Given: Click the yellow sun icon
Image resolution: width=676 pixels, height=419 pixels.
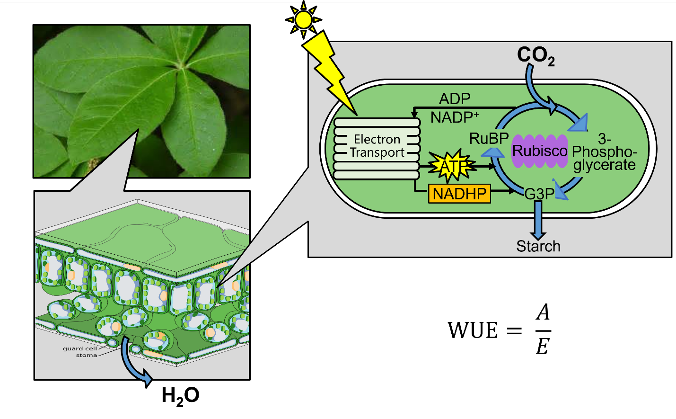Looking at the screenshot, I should pyautogui.click(x=303, y=20).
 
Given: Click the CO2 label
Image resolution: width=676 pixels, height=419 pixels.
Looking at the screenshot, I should pyautogui.click(x=536, y=55).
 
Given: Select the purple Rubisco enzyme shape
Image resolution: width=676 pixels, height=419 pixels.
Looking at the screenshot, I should pyautogui.click(x=539, y=151).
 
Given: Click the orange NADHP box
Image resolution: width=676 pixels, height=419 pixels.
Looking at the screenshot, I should pyautogui.click(x=459, y=194).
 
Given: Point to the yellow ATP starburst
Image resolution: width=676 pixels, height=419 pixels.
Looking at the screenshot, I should pyautogui.click(x=451, y=166).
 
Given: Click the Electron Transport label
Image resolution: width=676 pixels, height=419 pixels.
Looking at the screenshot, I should pyautogui.click(x=377, y=146).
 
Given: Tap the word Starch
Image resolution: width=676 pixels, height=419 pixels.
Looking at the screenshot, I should pyautogui.click(x=538, y=246).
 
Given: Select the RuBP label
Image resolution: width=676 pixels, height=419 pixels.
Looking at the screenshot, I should pyautogui.click(x=488, y=138).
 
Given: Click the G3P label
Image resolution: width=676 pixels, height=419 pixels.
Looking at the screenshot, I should pyautogui.click(x=539, y=194).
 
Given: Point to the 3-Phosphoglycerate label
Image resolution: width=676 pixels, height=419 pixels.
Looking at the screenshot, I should pyautogui.click(x=604, y=152).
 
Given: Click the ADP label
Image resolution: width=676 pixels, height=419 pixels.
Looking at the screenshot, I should pyautogui.click(x=455, y=98).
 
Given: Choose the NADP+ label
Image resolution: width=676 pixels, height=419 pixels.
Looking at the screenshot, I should pyautogui.click(x=454, y=117).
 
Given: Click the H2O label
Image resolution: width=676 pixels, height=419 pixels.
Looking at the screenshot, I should pyautogui.click(x=180, y=396).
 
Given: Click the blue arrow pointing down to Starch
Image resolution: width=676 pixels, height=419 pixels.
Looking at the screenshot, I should pyautogui.click(x=538, y=220).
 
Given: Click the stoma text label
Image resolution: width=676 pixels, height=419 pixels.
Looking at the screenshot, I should pyautogui.click(x=86, y=355).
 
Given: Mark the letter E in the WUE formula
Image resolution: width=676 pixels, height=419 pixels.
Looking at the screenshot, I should pyautogui.click(x=542, y=347).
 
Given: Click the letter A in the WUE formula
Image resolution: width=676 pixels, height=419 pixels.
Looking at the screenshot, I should pyautogui.click(x=543, y=312).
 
